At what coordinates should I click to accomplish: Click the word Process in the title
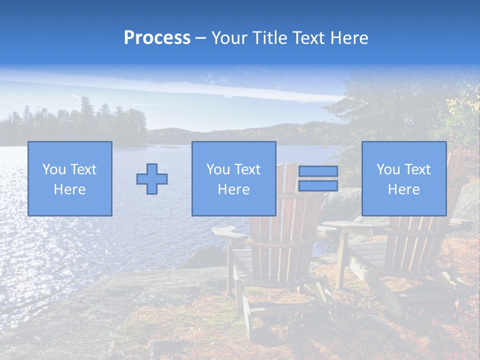click(157, 38)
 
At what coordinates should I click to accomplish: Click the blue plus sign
click(152, 179)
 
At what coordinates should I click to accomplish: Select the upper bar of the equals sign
click(318, 171)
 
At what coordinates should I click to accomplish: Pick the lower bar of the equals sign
click(318, 186)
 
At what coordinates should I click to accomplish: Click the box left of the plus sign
click(69, 178)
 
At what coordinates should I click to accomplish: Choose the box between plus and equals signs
click(233, 178)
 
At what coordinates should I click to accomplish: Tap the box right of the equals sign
click(403, 178)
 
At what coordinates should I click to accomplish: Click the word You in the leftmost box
click(54, 169)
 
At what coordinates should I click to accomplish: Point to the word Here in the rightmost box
click(403, 189)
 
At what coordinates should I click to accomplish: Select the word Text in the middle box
click(247, 169)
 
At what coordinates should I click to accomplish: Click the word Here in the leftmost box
click(69, 189)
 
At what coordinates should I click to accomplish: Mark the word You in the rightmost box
click(388, 169)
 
